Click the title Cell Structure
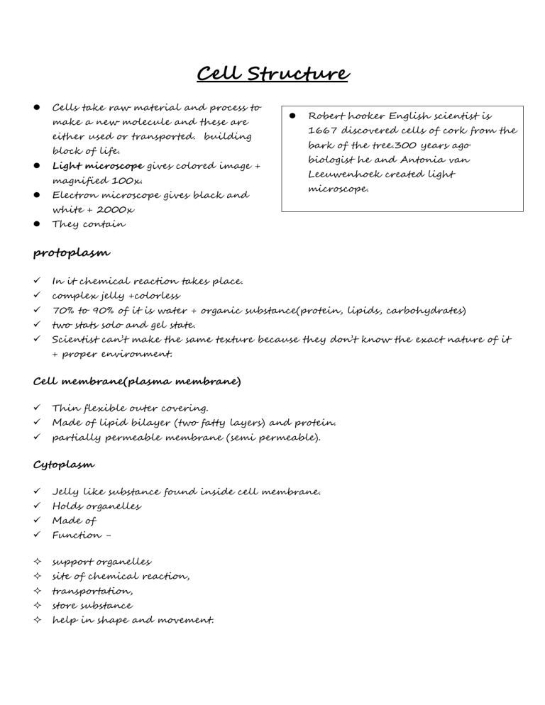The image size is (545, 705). [272, 74]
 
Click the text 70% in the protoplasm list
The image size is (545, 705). [65, 310]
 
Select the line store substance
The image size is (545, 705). [92, 606]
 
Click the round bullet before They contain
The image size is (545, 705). [34, 224]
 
